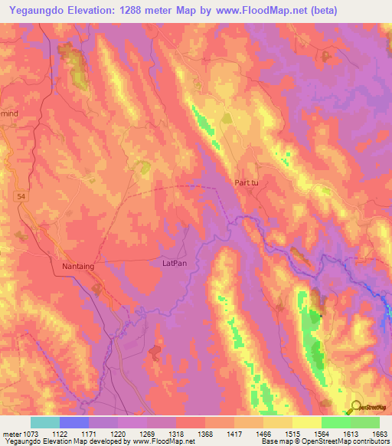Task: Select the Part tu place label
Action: point(247,182)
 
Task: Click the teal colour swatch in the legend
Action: point(45,422)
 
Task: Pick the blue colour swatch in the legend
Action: point(74,422)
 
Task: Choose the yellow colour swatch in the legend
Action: point(306,422)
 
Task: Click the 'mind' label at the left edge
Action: point(8,112)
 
